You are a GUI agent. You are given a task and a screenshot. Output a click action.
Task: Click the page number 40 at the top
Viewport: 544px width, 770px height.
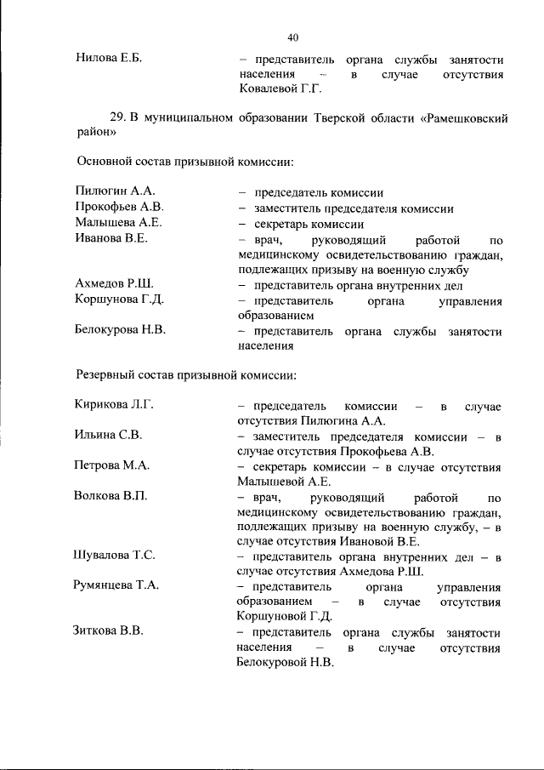click(293, 37)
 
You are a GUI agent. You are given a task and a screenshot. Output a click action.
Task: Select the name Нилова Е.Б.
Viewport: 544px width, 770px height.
click(107, 59)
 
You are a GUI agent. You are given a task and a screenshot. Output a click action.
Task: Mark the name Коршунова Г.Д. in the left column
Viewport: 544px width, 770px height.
click(119, 300)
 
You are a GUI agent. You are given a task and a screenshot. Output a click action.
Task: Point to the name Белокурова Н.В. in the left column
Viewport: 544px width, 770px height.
click(120, 330)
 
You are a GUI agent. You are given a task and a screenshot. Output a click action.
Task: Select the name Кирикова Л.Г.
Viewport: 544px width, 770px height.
click(113, 404)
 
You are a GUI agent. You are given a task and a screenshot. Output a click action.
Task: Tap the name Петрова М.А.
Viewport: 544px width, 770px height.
click(111, 465)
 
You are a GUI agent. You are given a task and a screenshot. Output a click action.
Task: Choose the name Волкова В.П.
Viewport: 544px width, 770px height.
click(110, 496)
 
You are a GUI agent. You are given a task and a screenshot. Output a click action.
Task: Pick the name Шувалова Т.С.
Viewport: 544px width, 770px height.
click(114, 556)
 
